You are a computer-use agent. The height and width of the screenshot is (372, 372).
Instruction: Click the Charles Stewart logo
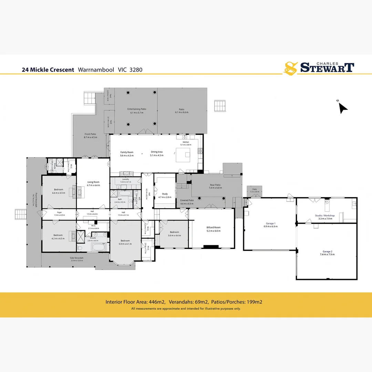click(318, 68)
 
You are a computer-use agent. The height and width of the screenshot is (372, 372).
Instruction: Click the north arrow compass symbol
click(343, 107)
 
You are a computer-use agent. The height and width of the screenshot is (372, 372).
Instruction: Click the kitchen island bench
click(184, 155)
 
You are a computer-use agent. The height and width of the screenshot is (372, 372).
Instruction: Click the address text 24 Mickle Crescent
click(48, 70)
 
